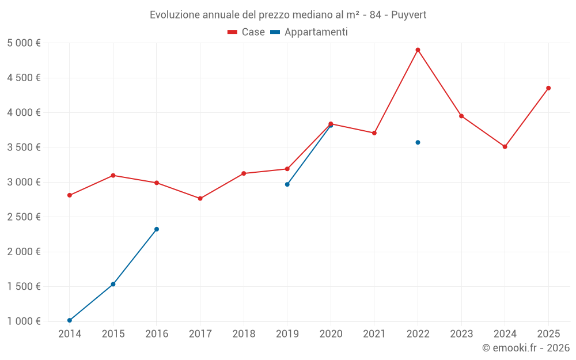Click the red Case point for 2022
click(418, 50)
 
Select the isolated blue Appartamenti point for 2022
click(418, 142)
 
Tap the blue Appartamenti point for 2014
click(70, 320)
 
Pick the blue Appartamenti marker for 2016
click(157, 229)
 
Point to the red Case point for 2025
click(548, 88)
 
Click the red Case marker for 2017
click(200, 199)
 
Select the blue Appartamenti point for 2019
click(287, 184)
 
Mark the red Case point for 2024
click(505, 147)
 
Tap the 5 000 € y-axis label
click(24, 43)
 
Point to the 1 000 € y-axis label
click(24, 321)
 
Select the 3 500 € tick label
click(24, 147)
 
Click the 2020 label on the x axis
click(331, 334)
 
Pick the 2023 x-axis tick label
click(461, 334)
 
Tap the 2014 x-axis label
click(70, 334)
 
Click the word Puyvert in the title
click(409, 15)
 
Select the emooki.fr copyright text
click(526, 348)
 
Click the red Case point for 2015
click(113, 175)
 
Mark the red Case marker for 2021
click(374, 133)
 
